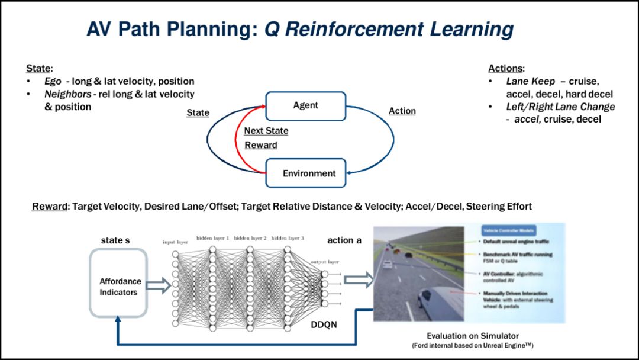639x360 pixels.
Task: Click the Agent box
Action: pos(305,106)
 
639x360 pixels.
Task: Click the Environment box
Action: pos(305,173)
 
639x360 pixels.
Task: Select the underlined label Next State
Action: pos(266,131)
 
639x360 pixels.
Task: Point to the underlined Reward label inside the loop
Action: pos(260,145)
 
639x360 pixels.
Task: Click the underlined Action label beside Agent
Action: pos(402,111)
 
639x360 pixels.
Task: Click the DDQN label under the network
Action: pos(324,324)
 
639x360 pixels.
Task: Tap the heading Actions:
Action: pos(506,68)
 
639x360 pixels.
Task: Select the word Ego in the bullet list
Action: pos(51,81)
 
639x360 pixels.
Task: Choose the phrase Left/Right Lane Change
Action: pos(560,107)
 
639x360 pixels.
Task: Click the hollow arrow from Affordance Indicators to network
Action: pos(157,287)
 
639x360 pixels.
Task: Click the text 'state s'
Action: pos(115,240)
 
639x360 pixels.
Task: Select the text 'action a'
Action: pos(345,240)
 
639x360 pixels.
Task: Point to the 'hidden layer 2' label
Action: pos(251,238)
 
